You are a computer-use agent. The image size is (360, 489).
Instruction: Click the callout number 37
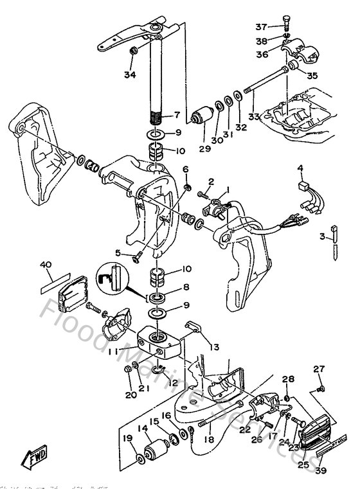click(x=260, y=26)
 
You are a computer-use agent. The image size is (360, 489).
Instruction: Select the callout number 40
click(x=46, y=265)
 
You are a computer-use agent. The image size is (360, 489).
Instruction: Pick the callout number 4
click(x=300, y=169)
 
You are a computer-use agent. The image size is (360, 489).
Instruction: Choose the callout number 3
click(x=323, y=237)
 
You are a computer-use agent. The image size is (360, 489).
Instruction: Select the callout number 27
click(x=319, y=368)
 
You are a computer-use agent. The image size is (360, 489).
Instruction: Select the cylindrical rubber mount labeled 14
click(x=156, y=448)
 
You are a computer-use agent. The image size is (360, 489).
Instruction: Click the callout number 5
click(x=118, y=253)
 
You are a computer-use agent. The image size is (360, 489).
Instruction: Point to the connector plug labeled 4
click(x=302, y=187)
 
